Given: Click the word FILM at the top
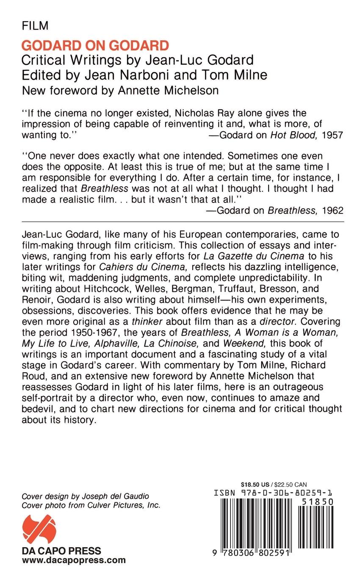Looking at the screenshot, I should (35, 26).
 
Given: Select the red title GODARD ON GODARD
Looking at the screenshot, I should (95, 45).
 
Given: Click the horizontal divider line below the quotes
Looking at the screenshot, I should (183, 222).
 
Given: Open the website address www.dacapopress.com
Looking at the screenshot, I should (74, 560).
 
